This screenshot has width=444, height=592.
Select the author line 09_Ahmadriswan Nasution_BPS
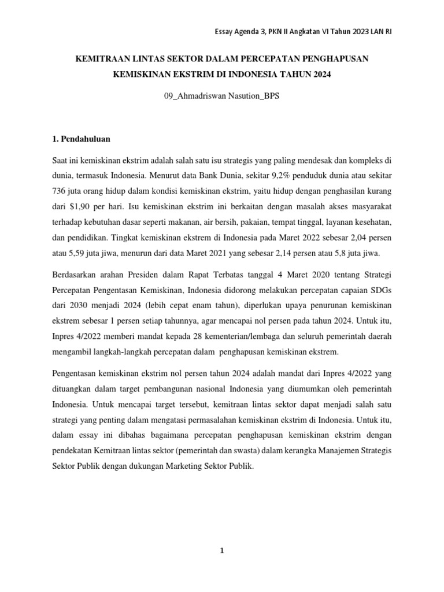coord(222,96)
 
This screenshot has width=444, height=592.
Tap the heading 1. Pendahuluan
coord(82,139)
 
